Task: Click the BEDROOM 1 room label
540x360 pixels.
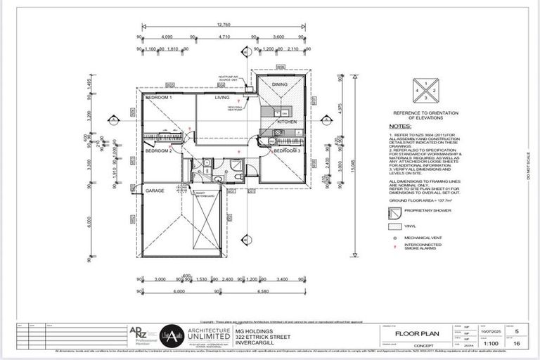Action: coord(159,97)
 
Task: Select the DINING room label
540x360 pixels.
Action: coord(280,84)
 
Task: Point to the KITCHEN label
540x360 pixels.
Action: coord(287,122)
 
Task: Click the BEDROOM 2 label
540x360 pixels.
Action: coord(159,150)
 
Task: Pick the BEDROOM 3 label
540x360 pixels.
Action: coord(287,151)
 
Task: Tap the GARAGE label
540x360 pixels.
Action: coord(155,191)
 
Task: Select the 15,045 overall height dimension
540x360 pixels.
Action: coord(354,168)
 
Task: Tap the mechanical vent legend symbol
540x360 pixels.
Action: coord(397,240)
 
